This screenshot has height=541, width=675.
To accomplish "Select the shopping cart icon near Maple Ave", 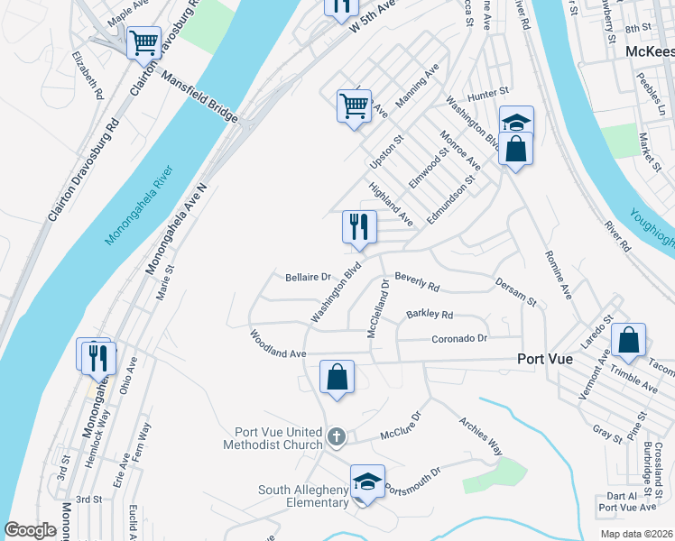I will tap(143, 42).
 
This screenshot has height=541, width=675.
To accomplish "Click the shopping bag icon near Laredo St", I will tap(629, 340).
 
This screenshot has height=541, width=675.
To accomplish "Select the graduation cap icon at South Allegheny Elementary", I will tap(367, 481).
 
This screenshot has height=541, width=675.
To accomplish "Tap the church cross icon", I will tap(336, 437).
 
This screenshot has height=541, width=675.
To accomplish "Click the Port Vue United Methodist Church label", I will tap(278, 437).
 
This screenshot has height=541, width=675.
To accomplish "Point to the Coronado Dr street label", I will tap(458, 339).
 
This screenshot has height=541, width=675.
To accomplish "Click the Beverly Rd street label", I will tap(416, 282).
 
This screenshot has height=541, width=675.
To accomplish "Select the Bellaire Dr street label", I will tap(309, 277).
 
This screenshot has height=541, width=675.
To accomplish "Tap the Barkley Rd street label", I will tap(430, 315).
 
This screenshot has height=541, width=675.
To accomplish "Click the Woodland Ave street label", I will tap(279, 344).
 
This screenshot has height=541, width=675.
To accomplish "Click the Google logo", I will tap(31, 530).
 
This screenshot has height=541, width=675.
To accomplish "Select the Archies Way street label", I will tap(480, 434).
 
